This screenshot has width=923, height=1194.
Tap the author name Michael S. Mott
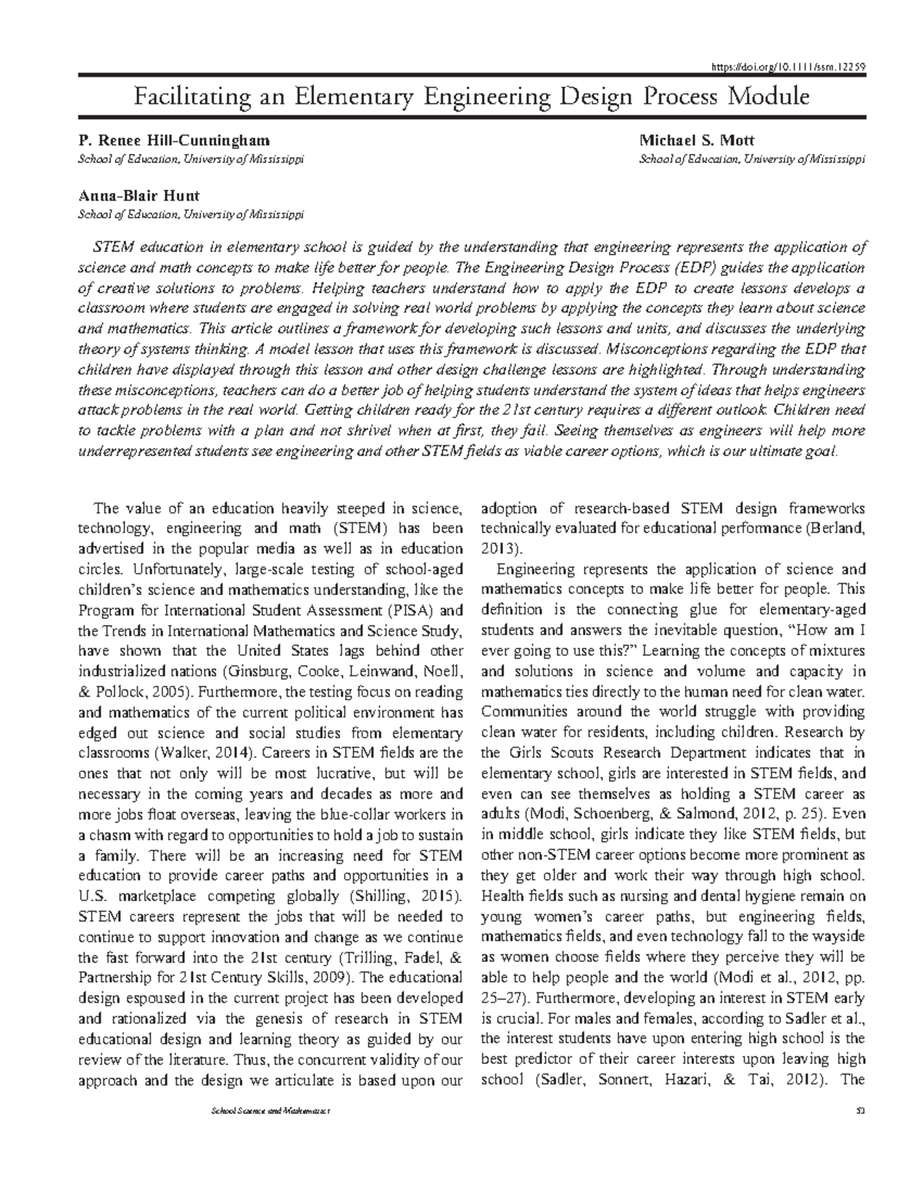(697, 140)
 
